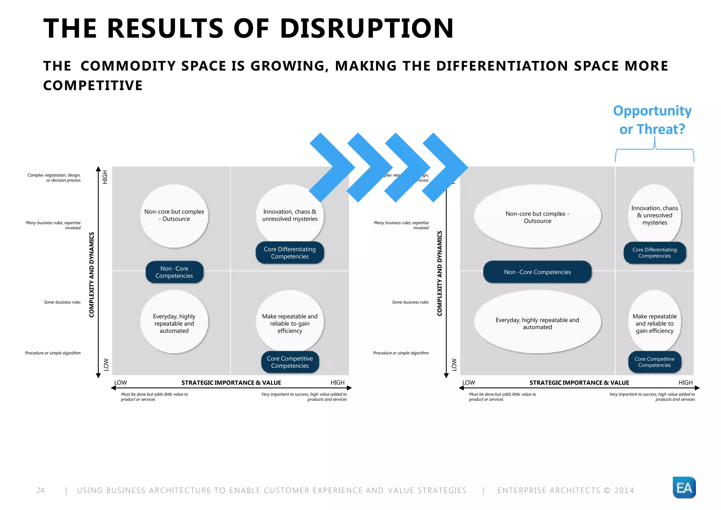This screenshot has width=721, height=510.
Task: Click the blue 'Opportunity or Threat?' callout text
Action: [x=652, y=120]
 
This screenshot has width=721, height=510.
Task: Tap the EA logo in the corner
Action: [x=684, y=487]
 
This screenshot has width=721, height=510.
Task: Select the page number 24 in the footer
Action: [x=40, y=490]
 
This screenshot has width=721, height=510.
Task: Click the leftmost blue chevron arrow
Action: [x=331, y=167]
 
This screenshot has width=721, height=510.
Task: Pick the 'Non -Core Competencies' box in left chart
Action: [x=174, y=272]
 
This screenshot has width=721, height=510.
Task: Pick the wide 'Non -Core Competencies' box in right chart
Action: [x=537, y=272]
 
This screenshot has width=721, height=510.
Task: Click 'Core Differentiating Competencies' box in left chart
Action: [x=290, y=253]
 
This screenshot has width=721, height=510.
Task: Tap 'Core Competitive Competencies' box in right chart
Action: [x=654, y=362]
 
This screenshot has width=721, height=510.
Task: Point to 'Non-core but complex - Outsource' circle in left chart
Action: [x=174, y=215]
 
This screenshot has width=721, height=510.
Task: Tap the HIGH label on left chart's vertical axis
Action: [x=105, y=177]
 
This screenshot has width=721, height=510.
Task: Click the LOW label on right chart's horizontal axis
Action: [x=469, y=382]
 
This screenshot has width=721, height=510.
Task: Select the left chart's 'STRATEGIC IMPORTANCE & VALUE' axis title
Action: [x=231, y=383]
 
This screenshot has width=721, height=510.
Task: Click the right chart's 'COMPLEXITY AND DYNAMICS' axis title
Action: [x=439, y=274]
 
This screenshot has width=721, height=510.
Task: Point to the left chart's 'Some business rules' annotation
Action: [x=62, y=302]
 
